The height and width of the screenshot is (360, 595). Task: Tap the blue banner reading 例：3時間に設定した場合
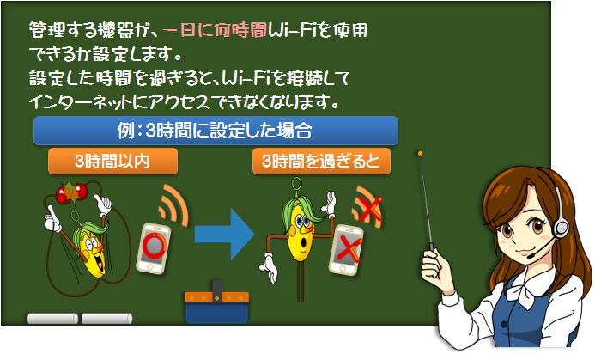click(x=216, y=131)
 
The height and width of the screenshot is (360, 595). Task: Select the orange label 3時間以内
click(x=112, y=162)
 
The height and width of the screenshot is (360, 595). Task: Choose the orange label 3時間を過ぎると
click(x=321, y=162)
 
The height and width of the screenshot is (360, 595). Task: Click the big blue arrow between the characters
click(x=224, y=234)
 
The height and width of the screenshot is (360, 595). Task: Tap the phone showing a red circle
click(x=154, y=248)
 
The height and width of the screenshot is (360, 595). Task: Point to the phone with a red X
click(x=347, y=249)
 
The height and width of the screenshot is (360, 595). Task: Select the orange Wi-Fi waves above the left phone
click(x=175, y=206)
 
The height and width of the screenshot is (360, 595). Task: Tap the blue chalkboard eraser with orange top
click(x=216, y=302)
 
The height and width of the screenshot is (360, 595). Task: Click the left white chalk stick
click(x=52, y=319)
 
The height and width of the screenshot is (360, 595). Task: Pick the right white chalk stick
click(x=107, y=319)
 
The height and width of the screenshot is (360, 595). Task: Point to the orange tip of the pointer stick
click(x=420, y=154)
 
